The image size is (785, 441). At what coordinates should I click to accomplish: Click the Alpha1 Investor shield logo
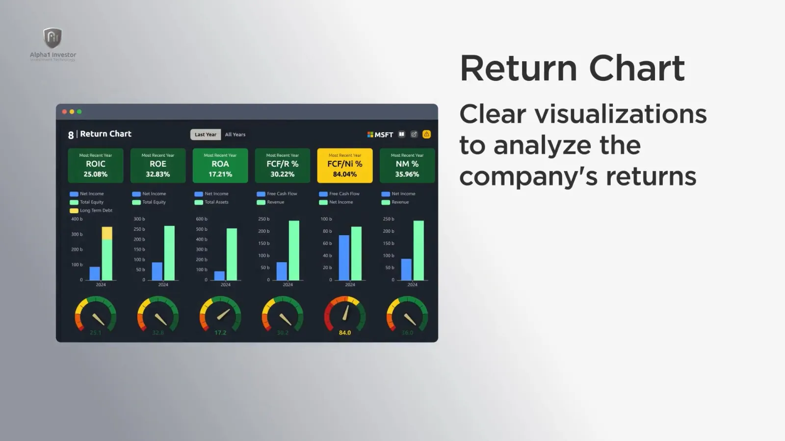[52, 38]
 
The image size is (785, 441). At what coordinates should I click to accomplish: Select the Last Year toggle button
[205, 135]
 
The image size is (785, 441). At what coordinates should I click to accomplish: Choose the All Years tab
[235, 135]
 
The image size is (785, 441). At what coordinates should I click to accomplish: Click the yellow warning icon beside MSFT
[426, 134]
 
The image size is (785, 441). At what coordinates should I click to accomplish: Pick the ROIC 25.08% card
[95, 165]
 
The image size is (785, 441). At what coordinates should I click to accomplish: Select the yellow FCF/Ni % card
[344, 165]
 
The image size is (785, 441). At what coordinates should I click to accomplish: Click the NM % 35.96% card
[407, 165]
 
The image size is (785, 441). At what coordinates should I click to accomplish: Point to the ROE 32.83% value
[157, 174]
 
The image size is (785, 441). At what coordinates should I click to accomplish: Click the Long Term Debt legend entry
[96, 211]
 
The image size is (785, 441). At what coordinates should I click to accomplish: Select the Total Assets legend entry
[216, 202]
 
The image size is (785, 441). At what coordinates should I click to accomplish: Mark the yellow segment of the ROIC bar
[107, 233]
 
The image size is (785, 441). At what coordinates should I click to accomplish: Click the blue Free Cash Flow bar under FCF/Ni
[344, 258]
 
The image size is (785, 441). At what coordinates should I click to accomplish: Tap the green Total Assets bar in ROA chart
[232, 254]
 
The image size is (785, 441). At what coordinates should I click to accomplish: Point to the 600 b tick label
[202, 219]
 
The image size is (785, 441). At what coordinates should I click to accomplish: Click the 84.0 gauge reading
[344, 333]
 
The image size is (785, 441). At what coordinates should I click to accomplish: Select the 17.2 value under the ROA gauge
[220, 333]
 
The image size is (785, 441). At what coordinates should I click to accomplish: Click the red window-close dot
[64, 112]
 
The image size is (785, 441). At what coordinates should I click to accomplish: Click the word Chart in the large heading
[636, 68]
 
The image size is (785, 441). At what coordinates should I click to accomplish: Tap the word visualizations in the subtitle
[620, 114]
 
